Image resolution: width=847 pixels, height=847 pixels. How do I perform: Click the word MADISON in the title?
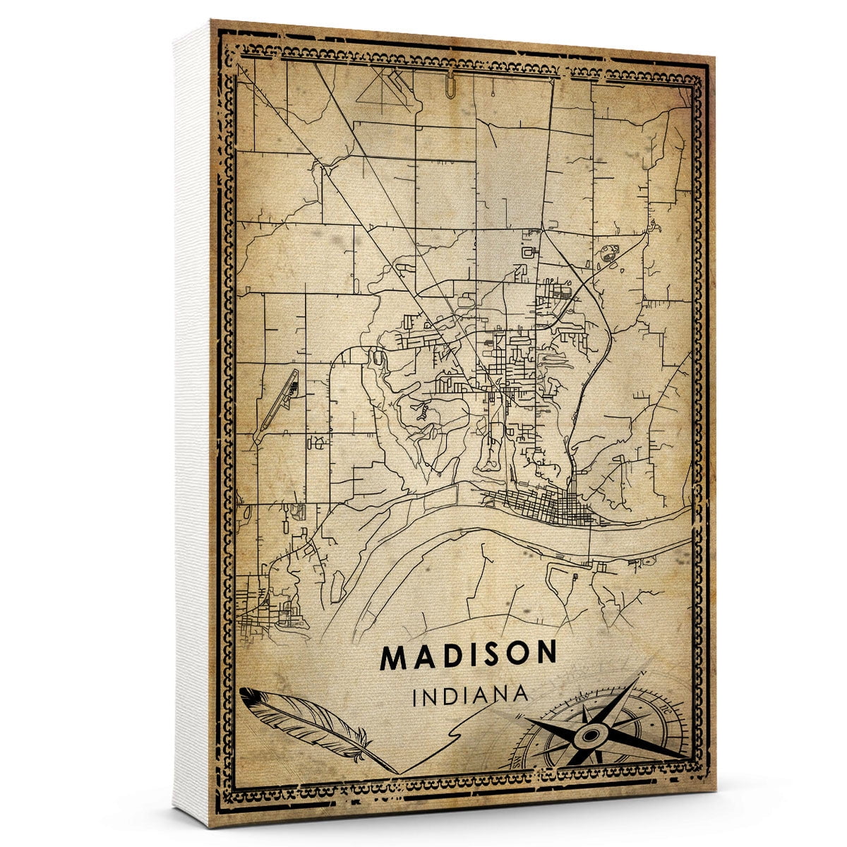(x=469, y=656)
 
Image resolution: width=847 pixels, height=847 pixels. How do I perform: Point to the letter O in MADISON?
(x=518, y=656)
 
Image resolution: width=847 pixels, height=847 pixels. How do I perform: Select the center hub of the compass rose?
(x=587, y=736)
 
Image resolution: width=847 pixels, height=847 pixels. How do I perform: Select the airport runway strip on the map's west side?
(x=277, y=399)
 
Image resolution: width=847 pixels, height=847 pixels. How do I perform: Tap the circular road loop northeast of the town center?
(x=607, y=253)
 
